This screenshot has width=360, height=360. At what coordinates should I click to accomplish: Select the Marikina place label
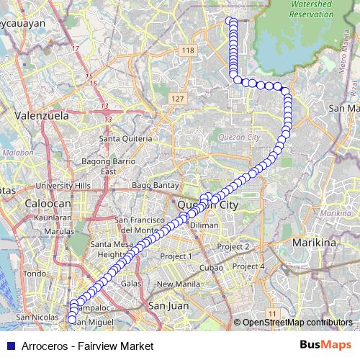point(314,243)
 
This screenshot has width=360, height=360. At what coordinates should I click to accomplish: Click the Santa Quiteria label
point(125,138)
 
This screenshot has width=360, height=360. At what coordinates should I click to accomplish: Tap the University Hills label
point(63,185)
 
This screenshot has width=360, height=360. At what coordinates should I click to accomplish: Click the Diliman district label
point(204,225)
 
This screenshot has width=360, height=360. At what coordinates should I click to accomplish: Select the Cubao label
point(211,267)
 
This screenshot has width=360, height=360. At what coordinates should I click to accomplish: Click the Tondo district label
point(34,273)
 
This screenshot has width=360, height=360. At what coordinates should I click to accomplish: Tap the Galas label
point(131,284)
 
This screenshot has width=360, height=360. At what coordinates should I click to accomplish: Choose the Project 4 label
point(248,266)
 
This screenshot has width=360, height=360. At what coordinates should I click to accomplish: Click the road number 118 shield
point(189,50)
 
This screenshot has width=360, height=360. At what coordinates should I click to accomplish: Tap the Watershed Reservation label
point(310,9)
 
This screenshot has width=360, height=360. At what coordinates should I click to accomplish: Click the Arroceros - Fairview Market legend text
point(87,346)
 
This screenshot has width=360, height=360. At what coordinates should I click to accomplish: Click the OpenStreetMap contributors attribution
point(296,323)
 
